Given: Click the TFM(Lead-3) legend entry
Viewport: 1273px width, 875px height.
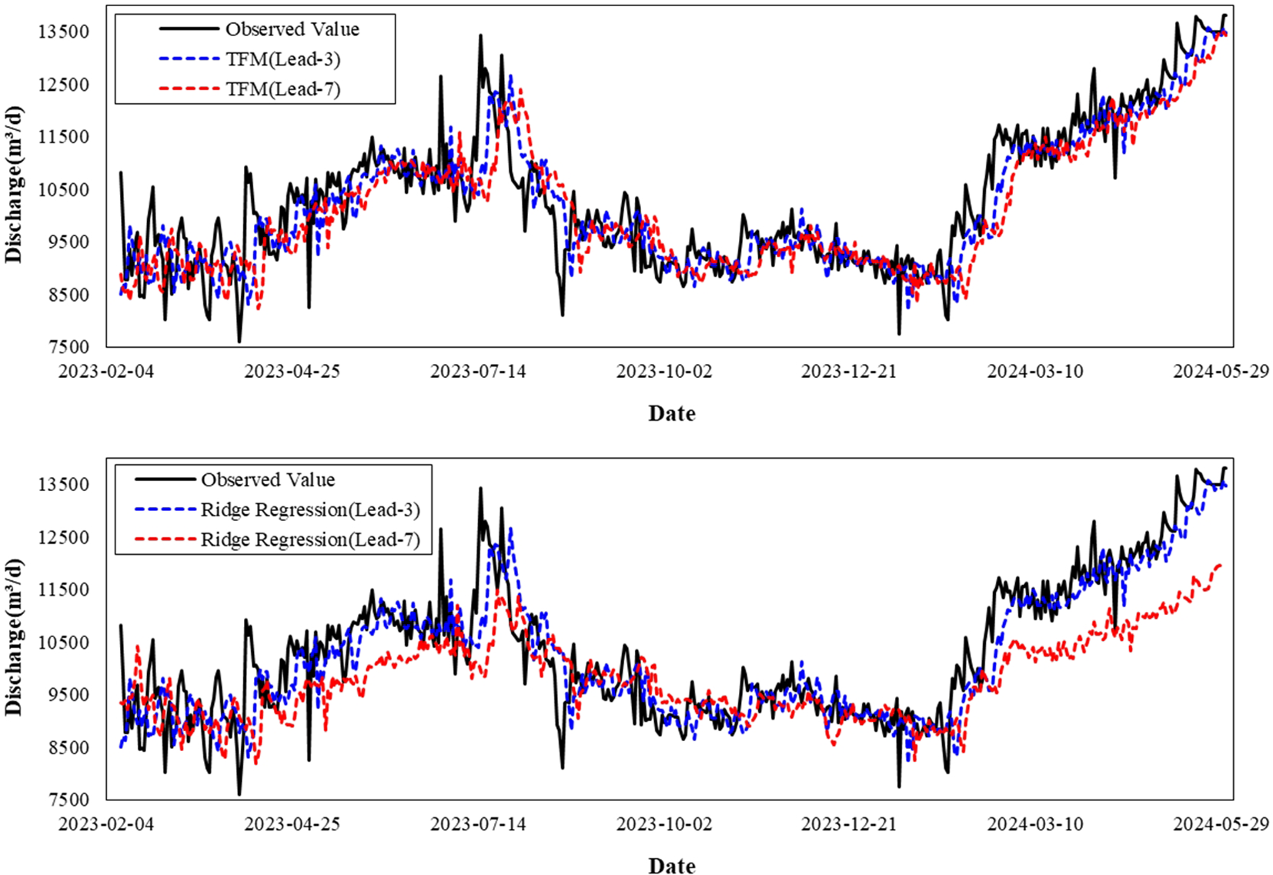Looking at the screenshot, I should click(282, 59).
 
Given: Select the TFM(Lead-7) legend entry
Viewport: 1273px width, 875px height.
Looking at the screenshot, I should click(282, 89).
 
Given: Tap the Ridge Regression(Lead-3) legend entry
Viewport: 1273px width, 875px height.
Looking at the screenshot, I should click(310, 510).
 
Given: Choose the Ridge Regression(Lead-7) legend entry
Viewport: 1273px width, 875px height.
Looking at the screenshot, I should click(310, 540).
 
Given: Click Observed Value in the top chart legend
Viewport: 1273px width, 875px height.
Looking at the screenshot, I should click(292, 29).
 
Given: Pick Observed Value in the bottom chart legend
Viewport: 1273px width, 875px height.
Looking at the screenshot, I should click(268, 480).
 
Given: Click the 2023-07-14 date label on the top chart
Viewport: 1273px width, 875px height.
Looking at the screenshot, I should click(478, 372).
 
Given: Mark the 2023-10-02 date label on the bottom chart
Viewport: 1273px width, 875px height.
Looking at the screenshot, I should click(664, 824).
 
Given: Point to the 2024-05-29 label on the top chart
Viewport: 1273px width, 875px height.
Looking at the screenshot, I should click(1221, 372).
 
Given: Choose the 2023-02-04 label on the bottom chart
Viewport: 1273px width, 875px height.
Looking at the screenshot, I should click(106, 824).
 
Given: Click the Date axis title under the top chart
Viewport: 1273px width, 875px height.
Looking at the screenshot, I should click(672, 413).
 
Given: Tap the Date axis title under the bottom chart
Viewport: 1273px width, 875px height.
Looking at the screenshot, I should click(672, 866).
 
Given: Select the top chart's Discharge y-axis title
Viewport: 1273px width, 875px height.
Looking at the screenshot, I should click(15, 185).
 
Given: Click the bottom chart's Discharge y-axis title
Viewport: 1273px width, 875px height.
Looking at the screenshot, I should click(15, 637).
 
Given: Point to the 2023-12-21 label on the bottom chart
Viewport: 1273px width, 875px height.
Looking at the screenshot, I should click(849, 824).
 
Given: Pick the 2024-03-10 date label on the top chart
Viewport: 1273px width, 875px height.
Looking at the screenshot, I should click(1035, 372).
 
